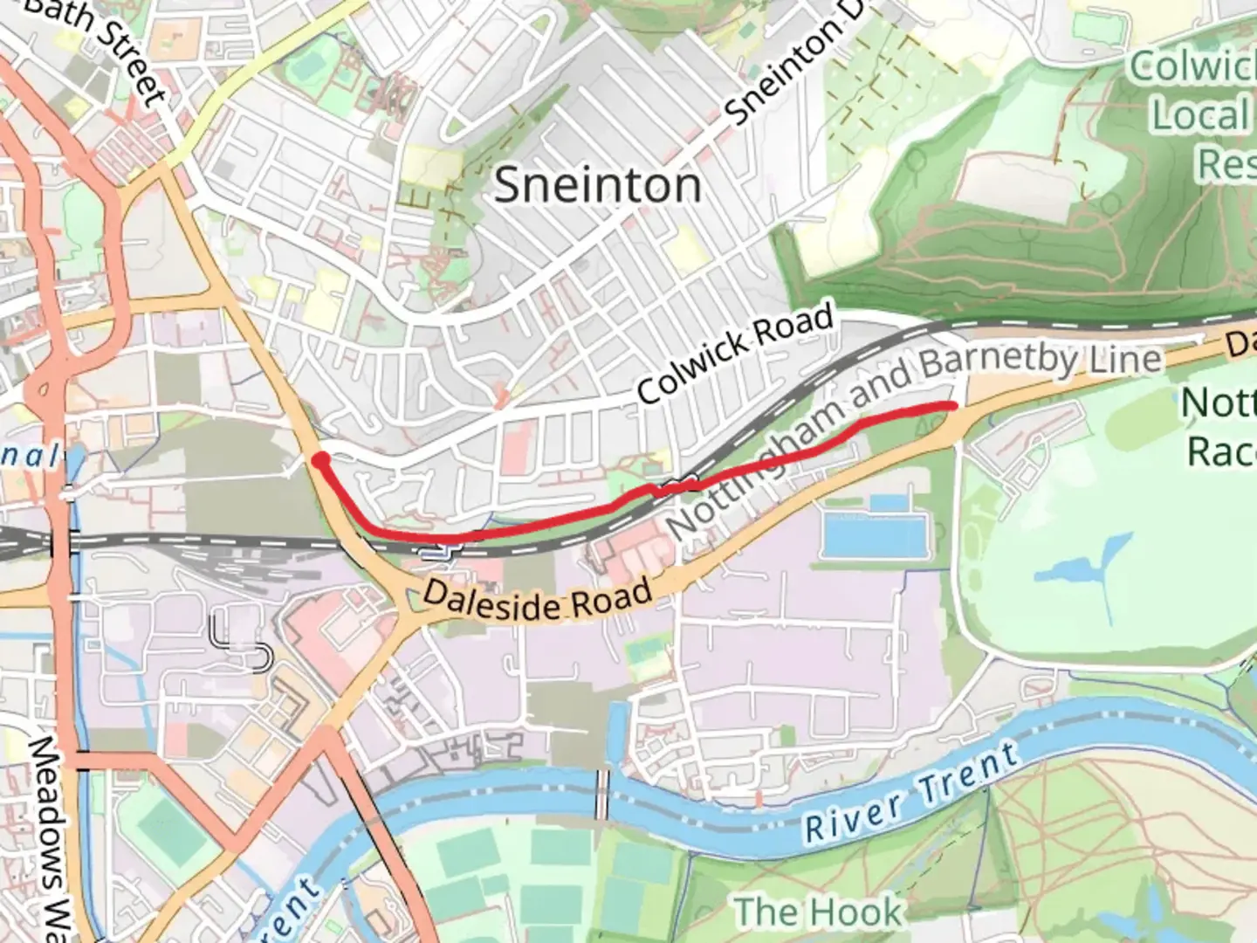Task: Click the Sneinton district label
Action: [598, 186]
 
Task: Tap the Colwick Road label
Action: [736, 353]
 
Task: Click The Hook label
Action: [817, 912]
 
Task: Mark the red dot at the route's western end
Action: [320, 459]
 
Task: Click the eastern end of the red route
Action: [953, 405]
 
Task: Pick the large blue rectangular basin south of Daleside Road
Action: [873, 534]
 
